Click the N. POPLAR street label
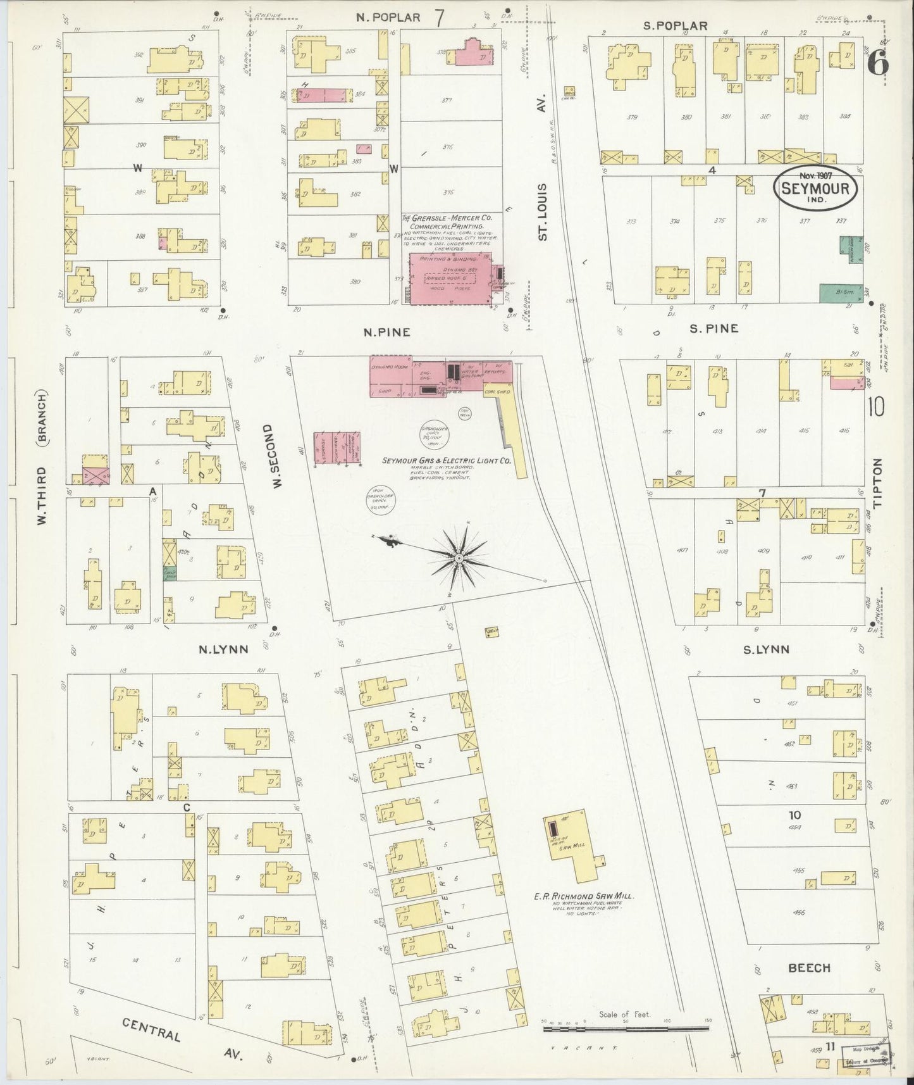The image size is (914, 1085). (x=387, y=17)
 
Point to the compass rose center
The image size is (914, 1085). (x=458, y=558)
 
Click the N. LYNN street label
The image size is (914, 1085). (x=223, y=649)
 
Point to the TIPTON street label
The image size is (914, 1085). (x=877, y=483)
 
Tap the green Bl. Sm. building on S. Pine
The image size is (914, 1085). (x=841, y=292)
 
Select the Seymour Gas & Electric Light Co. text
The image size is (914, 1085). (x=446, y=461)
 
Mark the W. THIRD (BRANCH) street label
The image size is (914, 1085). (x=42, y=460)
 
